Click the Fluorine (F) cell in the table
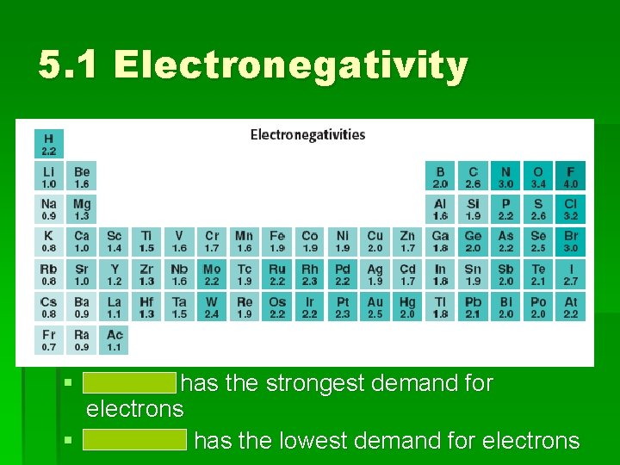[x=570, y=177]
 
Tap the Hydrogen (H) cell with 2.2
[x=48, y=144]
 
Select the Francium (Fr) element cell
[x=48, y=340]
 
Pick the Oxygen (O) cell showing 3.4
[x=538, y=177]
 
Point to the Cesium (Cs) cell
[x=48, y=307]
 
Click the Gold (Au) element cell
[x=375, y=307]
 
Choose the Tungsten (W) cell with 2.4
[x=212, y=307]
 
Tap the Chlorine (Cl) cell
[x=570, y=209]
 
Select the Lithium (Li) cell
[x=48, y=177]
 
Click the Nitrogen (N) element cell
[x=505, y=177]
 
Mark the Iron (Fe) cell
[x=277, y=242]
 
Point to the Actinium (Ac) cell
[x=115, y=340]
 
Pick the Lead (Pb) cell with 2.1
[x=473, y=307]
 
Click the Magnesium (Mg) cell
[x=82, y=209]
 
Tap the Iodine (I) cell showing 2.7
[x=570, y=275]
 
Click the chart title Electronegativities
[x=307, y=134]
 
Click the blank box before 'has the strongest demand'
[x=130, y=382]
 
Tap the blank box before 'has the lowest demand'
[x=135, y=441]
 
